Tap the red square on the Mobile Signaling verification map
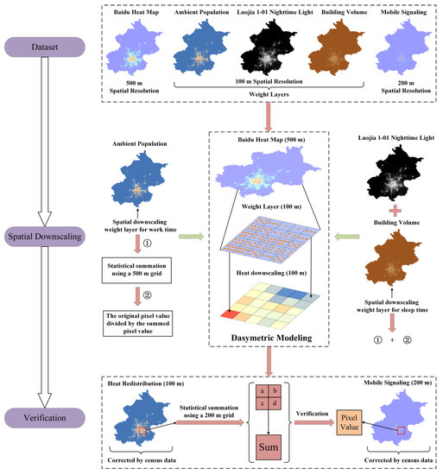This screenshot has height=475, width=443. click(400, 429)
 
